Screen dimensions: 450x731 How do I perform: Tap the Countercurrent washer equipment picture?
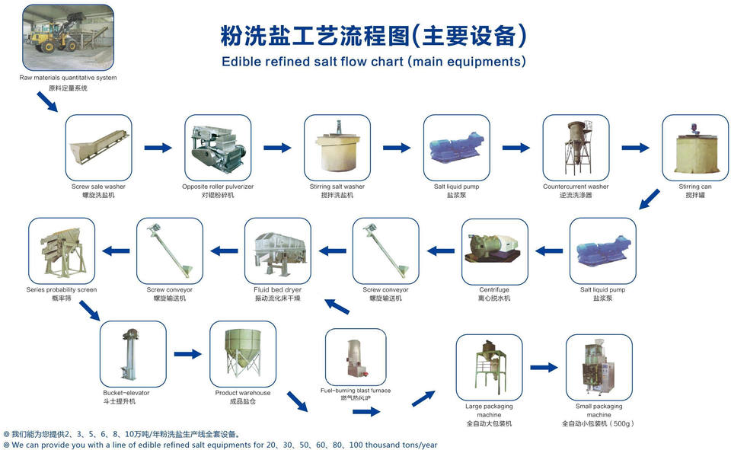(576, 148)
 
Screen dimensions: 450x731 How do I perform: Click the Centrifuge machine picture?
(495, 251)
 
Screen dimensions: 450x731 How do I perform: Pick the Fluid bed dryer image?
(277, 251)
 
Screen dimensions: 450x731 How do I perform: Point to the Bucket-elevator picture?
(132, 354)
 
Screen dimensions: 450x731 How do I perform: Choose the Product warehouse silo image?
(242, 354)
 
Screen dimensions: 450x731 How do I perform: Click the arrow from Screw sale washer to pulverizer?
(158, 148)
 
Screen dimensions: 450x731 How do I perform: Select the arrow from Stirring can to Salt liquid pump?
(649, 199)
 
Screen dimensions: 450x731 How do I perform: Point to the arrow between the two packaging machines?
(544, 367)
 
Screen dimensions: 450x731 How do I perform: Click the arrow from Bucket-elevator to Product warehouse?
(187, 354)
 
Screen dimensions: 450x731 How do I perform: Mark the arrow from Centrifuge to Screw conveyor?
(441, 249)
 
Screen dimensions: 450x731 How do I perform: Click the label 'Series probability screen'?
(62, 290)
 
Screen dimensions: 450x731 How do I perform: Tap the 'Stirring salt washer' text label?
(337, 187)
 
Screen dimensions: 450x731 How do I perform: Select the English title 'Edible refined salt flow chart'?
(373, 62)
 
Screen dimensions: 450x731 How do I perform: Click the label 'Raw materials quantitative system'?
(69, 78)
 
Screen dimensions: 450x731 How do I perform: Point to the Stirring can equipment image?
(695, 148)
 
